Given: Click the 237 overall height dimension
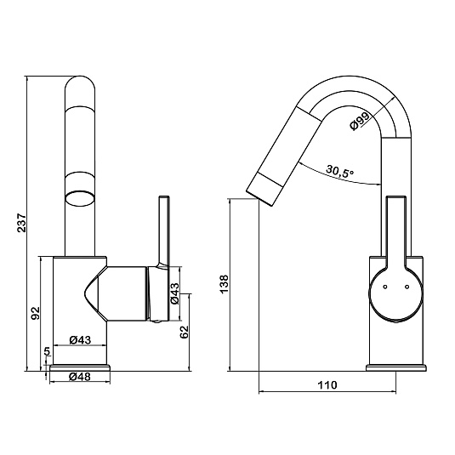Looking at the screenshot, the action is (x=22, y=223).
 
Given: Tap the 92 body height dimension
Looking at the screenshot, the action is (x=35, y=313).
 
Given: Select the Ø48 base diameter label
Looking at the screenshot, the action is (x=80, y=377).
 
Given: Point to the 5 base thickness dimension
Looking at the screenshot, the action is (x=48, y=351).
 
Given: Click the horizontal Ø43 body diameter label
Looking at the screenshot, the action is (x=81, y=339).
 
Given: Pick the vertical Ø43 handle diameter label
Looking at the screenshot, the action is (x=175, y=293).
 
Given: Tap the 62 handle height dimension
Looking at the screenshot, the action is (x=185, y=332).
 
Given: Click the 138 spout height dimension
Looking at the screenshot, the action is (x=225, y=284).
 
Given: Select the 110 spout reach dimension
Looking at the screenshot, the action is (x=327, y=385).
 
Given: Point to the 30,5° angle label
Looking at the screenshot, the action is (x=340, y=171).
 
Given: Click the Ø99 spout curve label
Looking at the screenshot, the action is (x=360, y=122).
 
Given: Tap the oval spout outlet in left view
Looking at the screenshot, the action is (x=80, y=199).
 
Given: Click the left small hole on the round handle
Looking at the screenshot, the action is (x=385, y=287).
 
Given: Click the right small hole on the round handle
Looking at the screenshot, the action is (x=407, y=287).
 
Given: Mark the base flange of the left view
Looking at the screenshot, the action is (x=80, y=367).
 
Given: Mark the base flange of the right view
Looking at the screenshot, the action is (x=396, y=367).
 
